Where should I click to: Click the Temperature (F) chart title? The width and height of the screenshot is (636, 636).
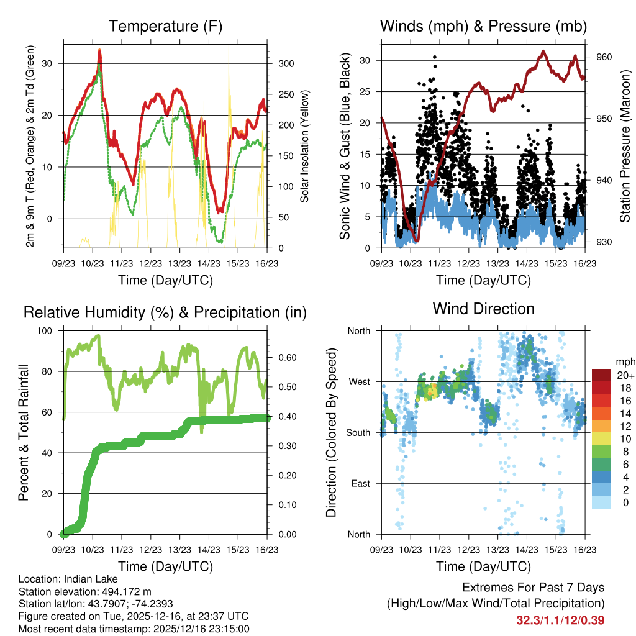165,27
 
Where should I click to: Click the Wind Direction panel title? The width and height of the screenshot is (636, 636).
483,309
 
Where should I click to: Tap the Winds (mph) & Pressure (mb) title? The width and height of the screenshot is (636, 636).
483,27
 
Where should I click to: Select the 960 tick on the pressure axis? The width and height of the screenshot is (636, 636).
604,57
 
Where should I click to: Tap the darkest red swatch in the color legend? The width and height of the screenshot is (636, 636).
601,375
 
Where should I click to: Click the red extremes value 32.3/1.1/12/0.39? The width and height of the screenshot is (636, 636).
560,620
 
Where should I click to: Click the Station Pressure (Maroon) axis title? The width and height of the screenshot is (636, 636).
625,146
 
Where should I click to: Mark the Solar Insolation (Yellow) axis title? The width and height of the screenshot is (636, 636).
305,146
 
